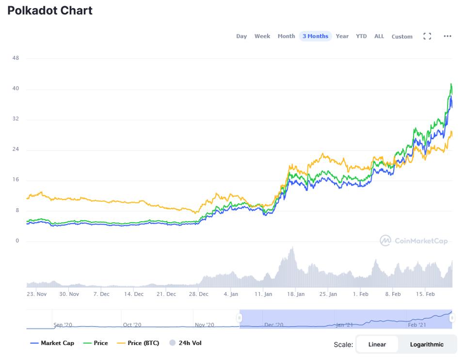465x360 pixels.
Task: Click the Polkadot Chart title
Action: click(x=50, y=10)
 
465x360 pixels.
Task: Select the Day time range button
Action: click(x=241, y=36)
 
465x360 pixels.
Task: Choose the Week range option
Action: click(x=262, y=36)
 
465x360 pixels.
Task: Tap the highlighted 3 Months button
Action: click(x=315, y=36)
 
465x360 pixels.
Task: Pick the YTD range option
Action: click(x=361, y=36)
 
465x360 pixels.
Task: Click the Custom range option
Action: click(x=402, y=36)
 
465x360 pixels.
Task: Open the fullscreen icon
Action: click(x=427, y=36)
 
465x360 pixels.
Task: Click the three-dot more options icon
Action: click(x=448, y=36)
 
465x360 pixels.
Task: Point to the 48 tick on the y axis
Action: click(x=16, y=58)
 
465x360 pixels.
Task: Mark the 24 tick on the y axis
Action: click(x=16, y=149)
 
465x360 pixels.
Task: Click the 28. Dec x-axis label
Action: click(x=198, y=294)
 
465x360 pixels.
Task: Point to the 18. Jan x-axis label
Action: click(x=296, y=294)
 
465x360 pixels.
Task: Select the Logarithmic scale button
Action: click(x=427, y=344)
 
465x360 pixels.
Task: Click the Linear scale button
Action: click(x=377, y=344)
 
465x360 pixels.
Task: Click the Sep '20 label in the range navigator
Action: click(x=63, y=325)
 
